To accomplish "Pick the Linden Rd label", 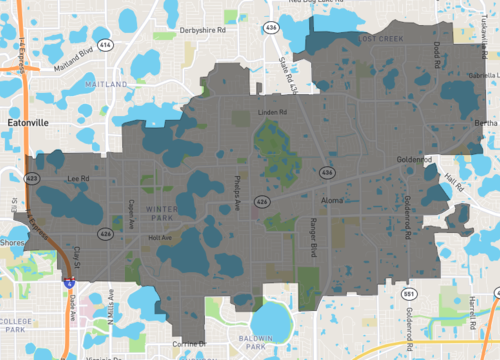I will tap(272, 112).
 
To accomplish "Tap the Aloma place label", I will tap(332, 200).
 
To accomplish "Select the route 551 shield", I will tap(382, 296).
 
